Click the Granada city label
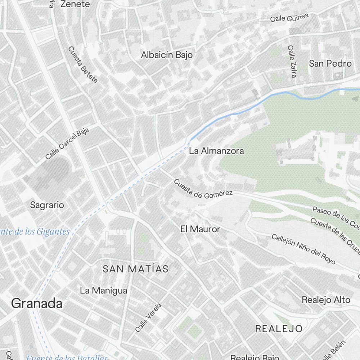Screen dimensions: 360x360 37,303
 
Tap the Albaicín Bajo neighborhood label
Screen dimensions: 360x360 167,55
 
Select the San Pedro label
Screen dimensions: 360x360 330,64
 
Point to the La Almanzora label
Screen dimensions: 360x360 216,151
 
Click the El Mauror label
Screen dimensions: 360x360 200,229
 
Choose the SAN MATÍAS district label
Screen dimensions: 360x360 135,269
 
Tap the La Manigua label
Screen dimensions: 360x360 104,290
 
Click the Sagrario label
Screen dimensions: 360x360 47,205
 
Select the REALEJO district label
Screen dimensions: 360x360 279,328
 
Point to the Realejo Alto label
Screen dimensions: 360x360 326,300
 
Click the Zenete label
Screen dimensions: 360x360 75,4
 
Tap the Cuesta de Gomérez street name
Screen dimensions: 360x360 203,189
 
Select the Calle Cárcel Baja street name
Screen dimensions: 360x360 67,143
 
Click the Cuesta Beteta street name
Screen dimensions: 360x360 83,65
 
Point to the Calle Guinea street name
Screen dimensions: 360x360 290,18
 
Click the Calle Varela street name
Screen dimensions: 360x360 148,318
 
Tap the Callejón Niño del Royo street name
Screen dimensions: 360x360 303,249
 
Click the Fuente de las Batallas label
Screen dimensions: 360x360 67,357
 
